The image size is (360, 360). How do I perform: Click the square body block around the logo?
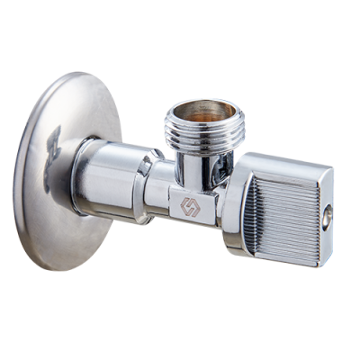pyautogui.click(x=189, y=202)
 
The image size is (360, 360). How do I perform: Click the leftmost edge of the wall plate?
pyautogui.click(x=19, y=180)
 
